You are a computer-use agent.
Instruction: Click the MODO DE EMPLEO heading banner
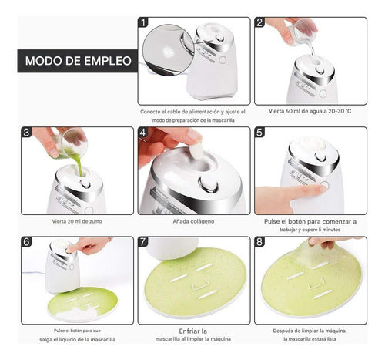(78, 61)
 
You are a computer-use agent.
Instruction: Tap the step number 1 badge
(143, 22)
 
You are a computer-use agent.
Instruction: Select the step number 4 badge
(143, 133)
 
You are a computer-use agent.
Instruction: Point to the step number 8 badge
(259, 242)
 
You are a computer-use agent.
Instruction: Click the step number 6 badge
(27, 242)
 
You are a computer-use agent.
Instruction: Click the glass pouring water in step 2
(305, 31)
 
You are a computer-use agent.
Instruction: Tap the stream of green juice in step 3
(79, 165)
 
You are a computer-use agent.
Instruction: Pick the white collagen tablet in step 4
(196, 151)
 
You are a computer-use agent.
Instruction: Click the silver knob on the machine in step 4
(208, 183)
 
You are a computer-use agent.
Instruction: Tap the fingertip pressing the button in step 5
(322, 189)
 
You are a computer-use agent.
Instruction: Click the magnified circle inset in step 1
(168, 50)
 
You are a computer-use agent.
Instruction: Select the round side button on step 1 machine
(223, 60)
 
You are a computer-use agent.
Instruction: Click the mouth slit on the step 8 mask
(323, 295)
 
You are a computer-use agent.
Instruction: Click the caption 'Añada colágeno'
(193, 221)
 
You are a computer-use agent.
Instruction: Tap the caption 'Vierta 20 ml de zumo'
(77, 221)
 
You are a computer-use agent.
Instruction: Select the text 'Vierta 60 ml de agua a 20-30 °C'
(310, 111)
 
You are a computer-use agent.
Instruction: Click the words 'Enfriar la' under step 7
(193, 331)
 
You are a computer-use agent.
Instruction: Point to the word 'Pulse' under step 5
(273, 221)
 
